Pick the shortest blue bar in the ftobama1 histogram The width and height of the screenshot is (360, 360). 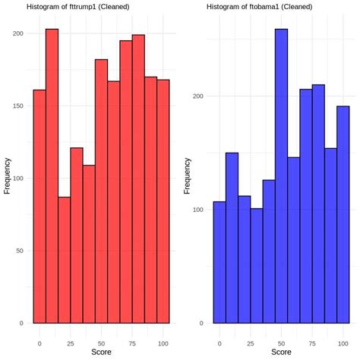tap(256, 266)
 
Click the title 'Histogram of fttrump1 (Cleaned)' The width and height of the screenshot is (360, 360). tap(77, 7)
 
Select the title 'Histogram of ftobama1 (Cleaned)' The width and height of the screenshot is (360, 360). tap(257, 7)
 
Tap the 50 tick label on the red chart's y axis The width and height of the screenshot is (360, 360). tap(21, 251)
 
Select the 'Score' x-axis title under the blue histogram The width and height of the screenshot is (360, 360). tap(281, 352)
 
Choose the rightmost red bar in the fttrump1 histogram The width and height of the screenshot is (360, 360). tap(163, 201)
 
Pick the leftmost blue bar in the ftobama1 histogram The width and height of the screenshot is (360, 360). tap(219, 262)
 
